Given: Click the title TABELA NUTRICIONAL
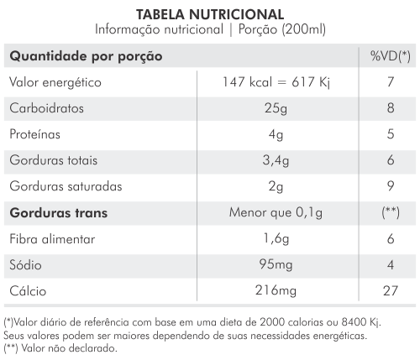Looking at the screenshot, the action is pyautogui.click(x=210, y=14).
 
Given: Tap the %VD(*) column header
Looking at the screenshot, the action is pyautogui.click(x=391, y=56).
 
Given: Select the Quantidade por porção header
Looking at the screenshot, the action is pyautogui.click(x=86, y=56).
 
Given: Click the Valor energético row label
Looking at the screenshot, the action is pyautogui.click(x=55, y=83).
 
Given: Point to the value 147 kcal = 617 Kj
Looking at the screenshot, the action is pyautogui.click(x=276, y=82).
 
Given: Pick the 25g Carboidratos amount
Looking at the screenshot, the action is pyautogui.click(x=276, y=108).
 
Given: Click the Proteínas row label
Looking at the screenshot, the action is pyautogui.click(x=35, y=134).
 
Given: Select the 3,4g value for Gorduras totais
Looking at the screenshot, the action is pyautogui.click(x=276, y=161).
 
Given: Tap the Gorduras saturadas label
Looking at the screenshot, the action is pyautogui.click(x=66, y=186).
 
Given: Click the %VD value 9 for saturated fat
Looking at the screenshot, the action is pyautogui.click(x=391, y=186).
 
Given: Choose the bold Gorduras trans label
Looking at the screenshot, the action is pyautogui.click(x=59, y=213).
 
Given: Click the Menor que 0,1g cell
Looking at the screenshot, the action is pyautogui.click(x=276, y=213).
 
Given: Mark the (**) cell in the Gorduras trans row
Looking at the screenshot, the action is pyautogui.click(x=391, y=213).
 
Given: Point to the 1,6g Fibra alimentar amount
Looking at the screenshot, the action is pyautogui.click(x=276, y=239).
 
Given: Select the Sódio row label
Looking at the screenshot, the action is pyautogui.click(x=25, y=265).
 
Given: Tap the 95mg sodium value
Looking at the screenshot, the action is pyautogui.click(x=276, y=264).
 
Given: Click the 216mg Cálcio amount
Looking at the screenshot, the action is pyautogui.click(x=276, y=290).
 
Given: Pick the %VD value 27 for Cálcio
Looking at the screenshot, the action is pyautogui.click(x=391, y=291).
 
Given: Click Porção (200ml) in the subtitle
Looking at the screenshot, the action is pyautogui.click(x=282, y=29).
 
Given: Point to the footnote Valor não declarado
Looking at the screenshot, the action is pyautogui.click(x=69, y=348).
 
